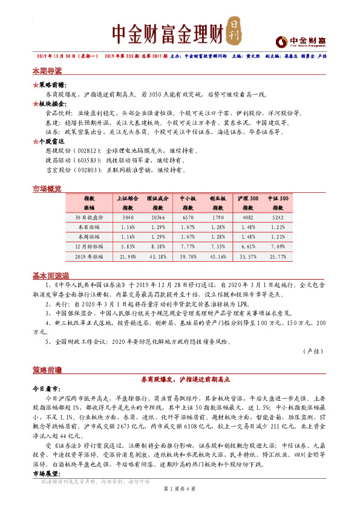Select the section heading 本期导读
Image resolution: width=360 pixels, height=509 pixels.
47,71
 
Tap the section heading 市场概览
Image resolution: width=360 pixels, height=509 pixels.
47,189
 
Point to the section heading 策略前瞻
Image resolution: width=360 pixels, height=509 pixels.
47,369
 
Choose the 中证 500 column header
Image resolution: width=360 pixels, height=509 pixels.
278,198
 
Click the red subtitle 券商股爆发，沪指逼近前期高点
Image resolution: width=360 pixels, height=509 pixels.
182,379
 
